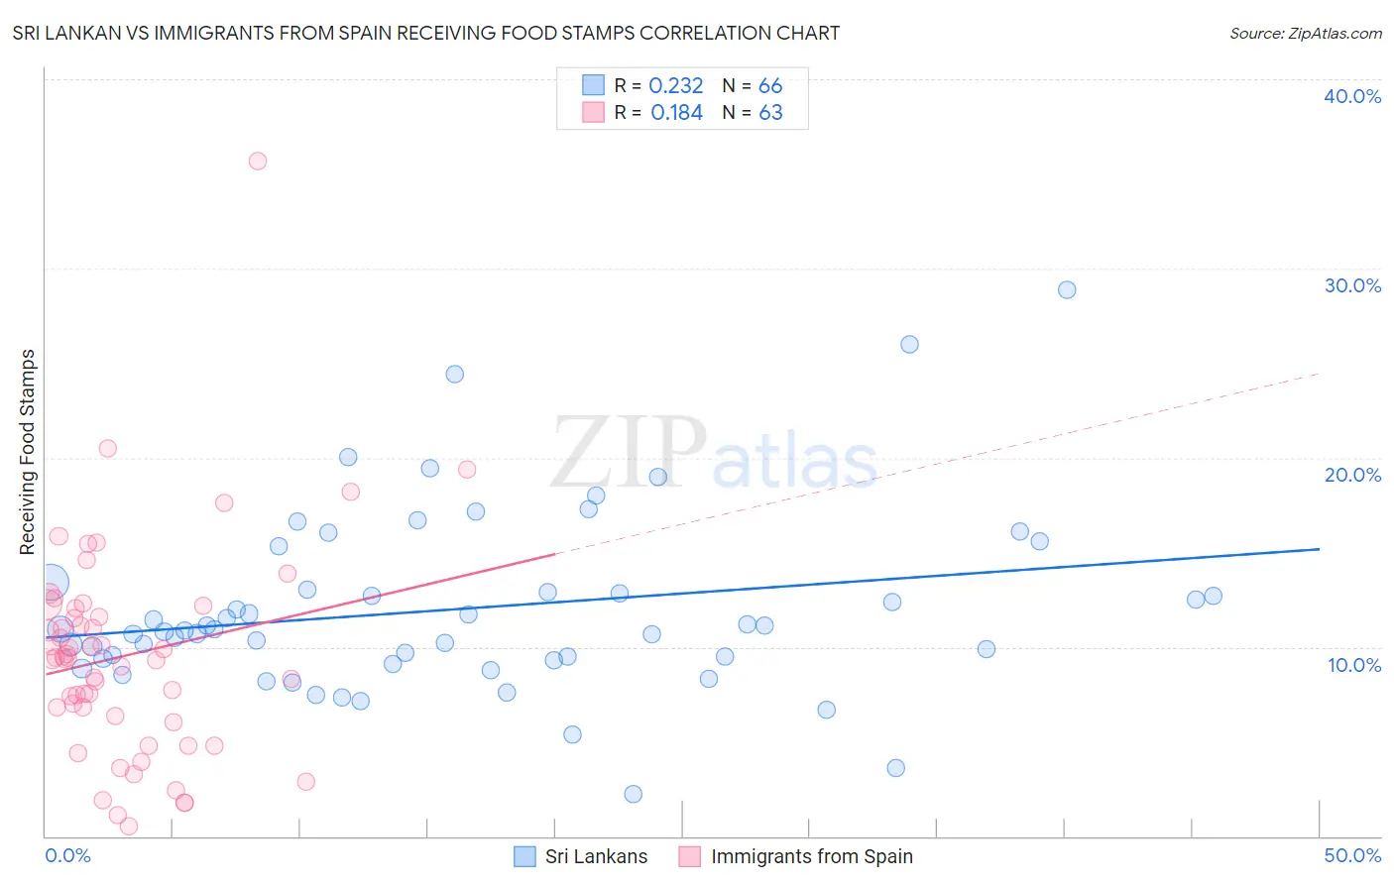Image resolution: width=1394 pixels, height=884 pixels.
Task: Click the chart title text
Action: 426,33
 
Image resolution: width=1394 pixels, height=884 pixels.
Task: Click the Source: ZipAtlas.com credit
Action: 1305,33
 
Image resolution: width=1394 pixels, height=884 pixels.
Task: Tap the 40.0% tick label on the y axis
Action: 1352,96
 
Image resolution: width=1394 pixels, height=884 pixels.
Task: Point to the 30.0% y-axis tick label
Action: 1352,285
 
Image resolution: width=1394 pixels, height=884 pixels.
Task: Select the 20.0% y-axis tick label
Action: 1352,475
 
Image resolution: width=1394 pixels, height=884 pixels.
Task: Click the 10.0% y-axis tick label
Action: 1354,665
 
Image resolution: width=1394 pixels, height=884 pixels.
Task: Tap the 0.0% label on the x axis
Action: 67,855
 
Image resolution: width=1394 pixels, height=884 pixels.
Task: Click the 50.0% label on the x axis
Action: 1352,855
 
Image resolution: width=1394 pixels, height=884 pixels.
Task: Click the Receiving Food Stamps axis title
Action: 28,452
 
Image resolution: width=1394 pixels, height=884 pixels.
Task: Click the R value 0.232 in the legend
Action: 675,86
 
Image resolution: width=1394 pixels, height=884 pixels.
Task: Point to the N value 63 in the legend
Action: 770,113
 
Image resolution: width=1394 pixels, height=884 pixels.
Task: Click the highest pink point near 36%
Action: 258,161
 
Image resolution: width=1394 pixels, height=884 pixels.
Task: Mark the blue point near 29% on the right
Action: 1067,289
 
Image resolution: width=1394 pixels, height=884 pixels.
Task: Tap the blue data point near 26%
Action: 909,344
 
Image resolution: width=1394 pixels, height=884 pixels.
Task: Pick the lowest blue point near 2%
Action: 633,794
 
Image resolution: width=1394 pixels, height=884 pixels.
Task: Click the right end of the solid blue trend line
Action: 1319,549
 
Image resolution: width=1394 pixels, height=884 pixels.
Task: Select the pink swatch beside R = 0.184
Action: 593,112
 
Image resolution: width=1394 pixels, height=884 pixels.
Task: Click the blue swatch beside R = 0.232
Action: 593,85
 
